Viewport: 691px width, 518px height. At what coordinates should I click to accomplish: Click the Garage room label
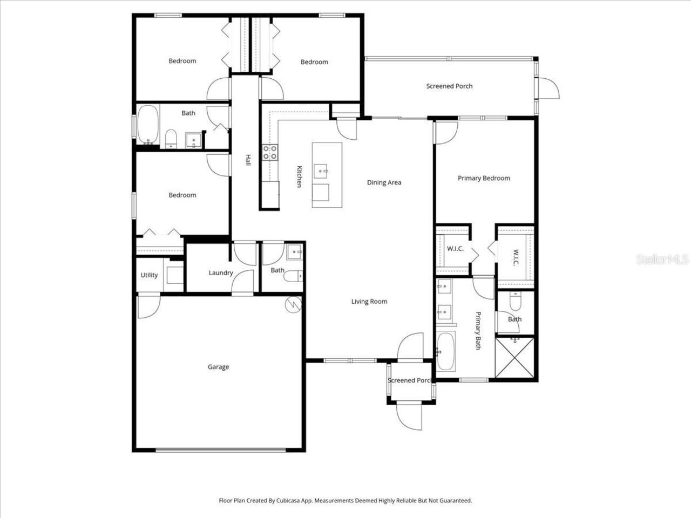(218, 367)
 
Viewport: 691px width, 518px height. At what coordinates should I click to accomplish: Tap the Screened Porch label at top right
(449, 86)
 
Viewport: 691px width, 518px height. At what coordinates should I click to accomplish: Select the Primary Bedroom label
(484, 178)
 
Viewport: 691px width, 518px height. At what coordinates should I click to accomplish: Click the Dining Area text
(384, 182)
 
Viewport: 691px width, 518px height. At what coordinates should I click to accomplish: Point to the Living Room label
(369, 302)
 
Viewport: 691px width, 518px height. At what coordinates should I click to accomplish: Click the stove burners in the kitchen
(270, 152)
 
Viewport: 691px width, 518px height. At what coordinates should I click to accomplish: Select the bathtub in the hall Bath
(147, 124)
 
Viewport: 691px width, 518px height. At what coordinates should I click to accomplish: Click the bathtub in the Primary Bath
(446, 351)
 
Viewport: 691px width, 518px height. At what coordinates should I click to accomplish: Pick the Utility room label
(149, 275)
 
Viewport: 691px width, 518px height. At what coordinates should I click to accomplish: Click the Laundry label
(221, 273)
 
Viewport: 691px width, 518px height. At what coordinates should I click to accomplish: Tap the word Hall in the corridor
(248, 160)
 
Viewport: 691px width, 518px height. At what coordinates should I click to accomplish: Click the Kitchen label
(299, 176)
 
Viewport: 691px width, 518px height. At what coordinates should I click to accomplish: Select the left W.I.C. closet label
(455, 249)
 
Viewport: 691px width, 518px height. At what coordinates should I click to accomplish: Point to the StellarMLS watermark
(662, 260)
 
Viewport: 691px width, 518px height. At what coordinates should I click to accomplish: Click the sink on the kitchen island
(325, 172)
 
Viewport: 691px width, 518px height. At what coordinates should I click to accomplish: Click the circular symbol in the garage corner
(293, 304)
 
